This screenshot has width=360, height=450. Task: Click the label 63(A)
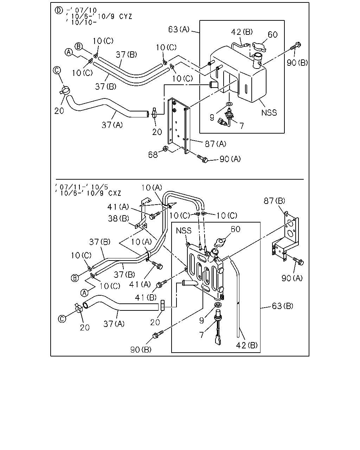[x=179, y=29]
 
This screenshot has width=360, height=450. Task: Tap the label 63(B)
[x=282, y=306]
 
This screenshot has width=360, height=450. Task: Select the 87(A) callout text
[x=216, y=144]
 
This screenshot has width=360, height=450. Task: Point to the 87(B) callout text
[x=274, y=201]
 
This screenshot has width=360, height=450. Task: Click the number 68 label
[x=153, y=155]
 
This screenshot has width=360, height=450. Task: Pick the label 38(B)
[x=118, y=218]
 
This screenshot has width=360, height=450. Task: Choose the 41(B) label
[x=146, y=297]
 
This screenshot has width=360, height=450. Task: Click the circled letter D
[x=59, y=10]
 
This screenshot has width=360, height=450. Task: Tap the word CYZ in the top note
[x=126, y=16]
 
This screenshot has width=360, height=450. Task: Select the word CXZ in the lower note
[x=115, y=193]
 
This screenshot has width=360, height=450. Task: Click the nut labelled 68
[x=166, y=149]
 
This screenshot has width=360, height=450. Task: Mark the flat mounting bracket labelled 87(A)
[x=179, y=125]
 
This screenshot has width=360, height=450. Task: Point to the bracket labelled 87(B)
[x=285, y=236]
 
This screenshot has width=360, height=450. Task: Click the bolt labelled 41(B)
[x=161, y=284]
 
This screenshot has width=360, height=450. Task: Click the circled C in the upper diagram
[x=57, y=70]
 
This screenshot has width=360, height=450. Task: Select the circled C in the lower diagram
[x=62, y=319]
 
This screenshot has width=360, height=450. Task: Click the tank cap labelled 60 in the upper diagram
[x=259, y=47]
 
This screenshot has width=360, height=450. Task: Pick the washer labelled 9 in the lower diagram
[x=219, y=304]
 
